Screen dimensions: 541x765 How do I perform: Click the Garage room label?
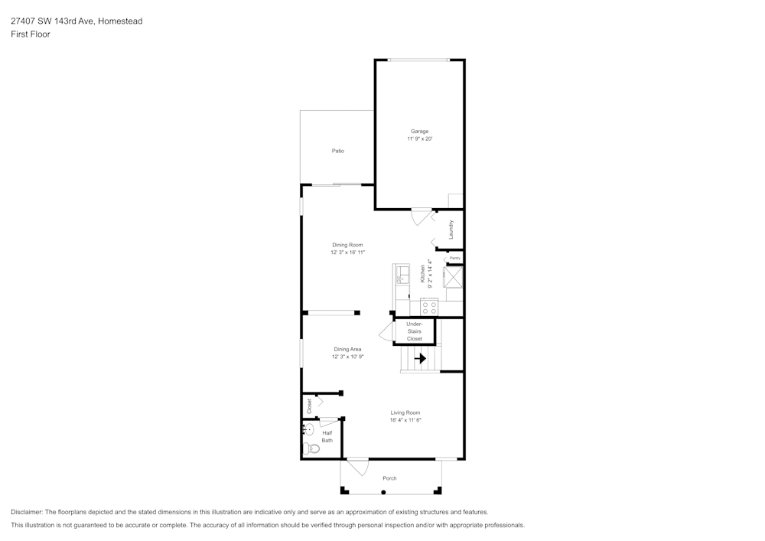419,132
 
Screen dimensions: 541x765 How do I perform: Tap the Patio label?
337,151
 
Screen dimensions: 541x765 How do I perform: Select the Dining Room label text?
347,245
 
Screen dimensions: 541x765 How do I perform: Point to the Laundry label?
451,230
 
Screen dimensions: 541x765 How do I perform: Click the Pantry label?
454,259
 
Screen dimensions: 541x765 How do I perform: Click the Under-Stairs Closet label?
414,331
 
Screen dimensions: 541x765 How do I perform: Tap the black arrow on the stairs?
420,357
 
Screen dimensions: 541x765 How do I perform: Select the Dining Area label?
347,349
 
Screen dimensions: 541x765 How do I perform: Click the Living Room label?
405,412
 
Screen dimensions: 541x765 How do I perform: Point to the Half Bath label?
327,436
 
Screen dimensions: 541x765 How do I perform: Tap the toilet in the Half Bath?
309,448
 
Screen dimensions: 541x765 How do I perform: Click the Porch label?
389,478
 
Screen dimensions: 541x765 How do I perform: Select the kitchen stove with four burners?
429,308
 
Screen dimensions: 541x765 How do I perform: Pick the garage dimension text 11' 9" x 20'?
420,139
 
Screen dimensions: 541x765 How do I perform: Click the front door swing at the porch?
358,466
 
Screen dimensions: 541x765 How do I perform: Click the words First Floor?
31,34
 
